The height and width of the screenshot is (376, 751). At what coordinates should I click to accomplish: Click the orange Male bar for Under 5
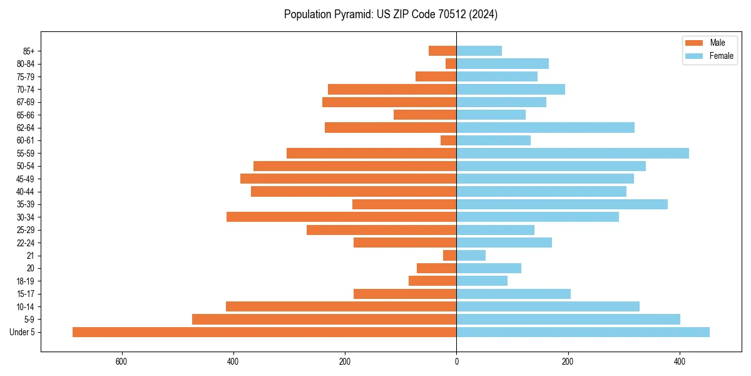264,332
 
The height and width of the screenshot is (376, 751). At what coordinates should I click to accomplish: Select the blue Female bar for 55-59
573,154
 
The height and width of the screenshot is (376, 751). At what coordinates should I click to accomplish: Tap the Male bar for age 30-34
341,217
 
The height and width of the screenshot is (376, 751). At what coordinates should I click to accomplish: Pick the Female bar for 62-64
545,128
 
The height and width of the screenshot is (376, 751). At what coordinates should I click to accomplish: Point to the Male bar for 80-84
451,64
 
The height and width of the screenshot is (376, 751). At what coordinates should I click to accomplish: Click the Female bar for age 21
471,256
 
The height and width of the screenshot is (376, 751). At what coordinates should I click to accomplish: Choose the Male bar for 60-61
449,140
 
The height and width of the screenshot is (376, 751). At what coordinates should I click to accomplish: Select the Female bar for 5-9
568,320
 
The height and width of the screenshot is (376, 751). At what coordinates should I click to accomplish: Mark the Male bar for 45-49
348,179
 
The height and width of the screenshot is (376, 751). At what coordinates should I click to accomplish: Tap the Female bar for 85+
479,51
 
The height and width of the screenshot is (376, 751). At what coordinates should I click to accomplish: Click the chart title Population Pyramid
391,14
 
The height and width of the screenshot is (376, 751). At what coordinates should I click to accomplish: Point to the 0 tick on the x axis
456,362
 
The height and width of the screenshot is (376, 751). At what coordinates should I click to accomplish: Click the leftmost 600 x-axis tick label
121,362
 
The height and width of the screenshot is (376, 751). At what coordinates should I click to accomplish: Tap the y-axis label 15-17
26,294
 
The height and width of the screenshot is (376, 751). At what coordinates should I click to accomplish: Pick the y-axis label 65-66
26,115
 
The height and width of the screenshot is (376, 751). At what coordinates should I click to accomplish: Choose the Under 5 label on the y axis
23,332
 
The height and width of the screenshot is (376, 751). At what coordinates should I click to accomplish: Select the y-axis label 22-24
26,243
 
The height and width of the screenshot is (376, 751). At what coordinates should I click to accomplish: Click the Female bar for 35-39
562,204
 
